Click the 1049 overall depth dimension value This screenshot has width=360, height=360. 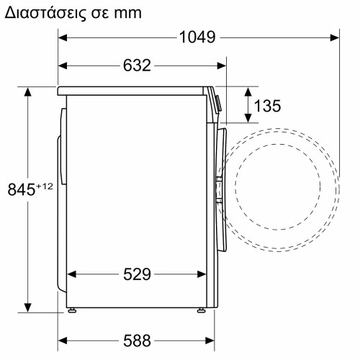pyautogui.click(x=197, y=37)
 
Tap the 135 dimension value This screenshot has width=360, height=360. pyautogui.click(x=267, y=107)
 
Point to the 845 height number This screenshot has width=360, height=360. pyautogui.click(x=21, y=190)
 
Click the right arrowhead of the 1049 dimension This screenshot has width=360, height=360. pyautogui.click(x=336, y=37)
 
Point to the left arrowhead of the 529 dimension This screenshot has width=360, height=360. pyautogui.click(x=71, y=274)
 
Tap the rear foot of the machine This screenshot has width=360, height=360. pyautogui.click(x=72, y=310)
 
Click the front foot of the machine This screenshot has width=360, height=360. pyautogui.click(x=202, y=310)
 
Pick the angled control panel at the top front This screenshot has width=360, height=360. pyautogui.click(x=216, y=101)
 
